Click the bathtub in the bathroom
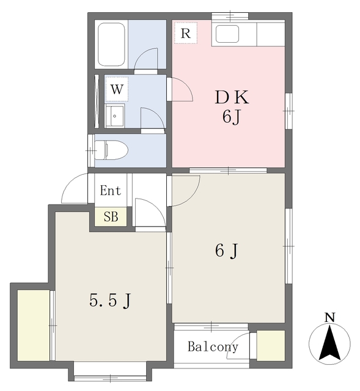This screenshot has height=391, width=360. pyautogui.click(x=111, y=45)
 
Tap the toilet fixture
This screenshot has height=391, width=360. pyautogui.click(x=111, y=150)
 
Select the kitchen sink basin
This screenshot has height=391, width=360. pyautogui.click(x=227, y=34)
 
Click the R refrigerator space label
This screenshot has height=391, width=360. pyautogui.click(x=186, y=33)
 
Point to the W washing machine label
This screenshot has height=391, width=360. pyautogui.click(x=117, y=89)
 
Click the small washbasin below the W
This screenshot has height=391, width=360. pyautogui.click(x=115, y=117)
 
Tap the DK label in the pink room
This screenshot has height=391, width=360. pyautogui.click(x=232, y=97)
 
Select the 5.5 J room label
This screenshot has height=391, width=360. pyautogui.click(x=110, y=300)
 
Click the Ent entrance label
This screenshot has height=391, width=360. pyautogui.click(x=110, y=191)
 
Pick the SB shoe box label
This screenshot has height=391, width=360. pyautogui.click(x=111, y=216)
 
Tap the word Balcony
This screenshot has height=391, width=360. pyautogui.click(x=213, y=346)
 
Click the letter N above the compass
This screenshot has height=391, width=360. pyautogui.click(x=329, y=318)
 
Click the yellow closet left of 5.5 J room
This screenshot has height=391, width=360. pyautogui.click(x=34, y=325)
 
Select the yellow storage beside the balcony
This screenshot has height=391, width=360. pyautogui.click(x=271, y=346)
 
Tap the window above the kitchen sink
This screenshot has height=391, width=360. pyautogui.click(x=230, y=16)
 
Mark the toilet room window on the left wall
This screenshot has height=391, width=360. pyautogui.click(x=91, y=151)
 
